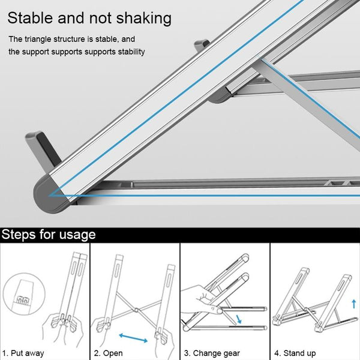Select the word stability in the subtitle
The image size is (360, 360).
point(128,52)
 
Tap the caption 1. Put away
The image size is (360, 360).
point(23,353)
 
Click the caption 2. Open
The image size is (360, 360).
point(109,353)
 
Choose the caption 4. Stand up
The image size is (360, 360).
point(295,353)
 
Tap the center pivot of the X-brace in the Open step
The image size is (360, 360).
point(136,310)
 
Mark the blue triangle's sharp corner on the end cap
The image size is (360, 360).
point(50,194)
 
